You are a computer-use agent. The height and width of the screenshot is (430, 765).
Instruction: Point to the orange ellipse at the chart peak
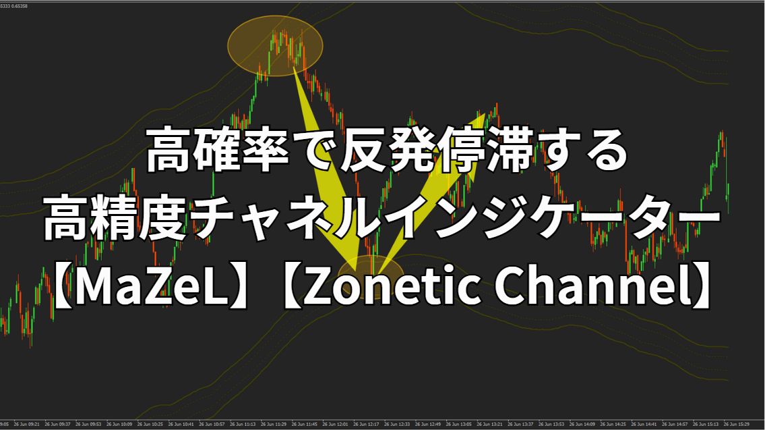[x=275, y=45]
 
